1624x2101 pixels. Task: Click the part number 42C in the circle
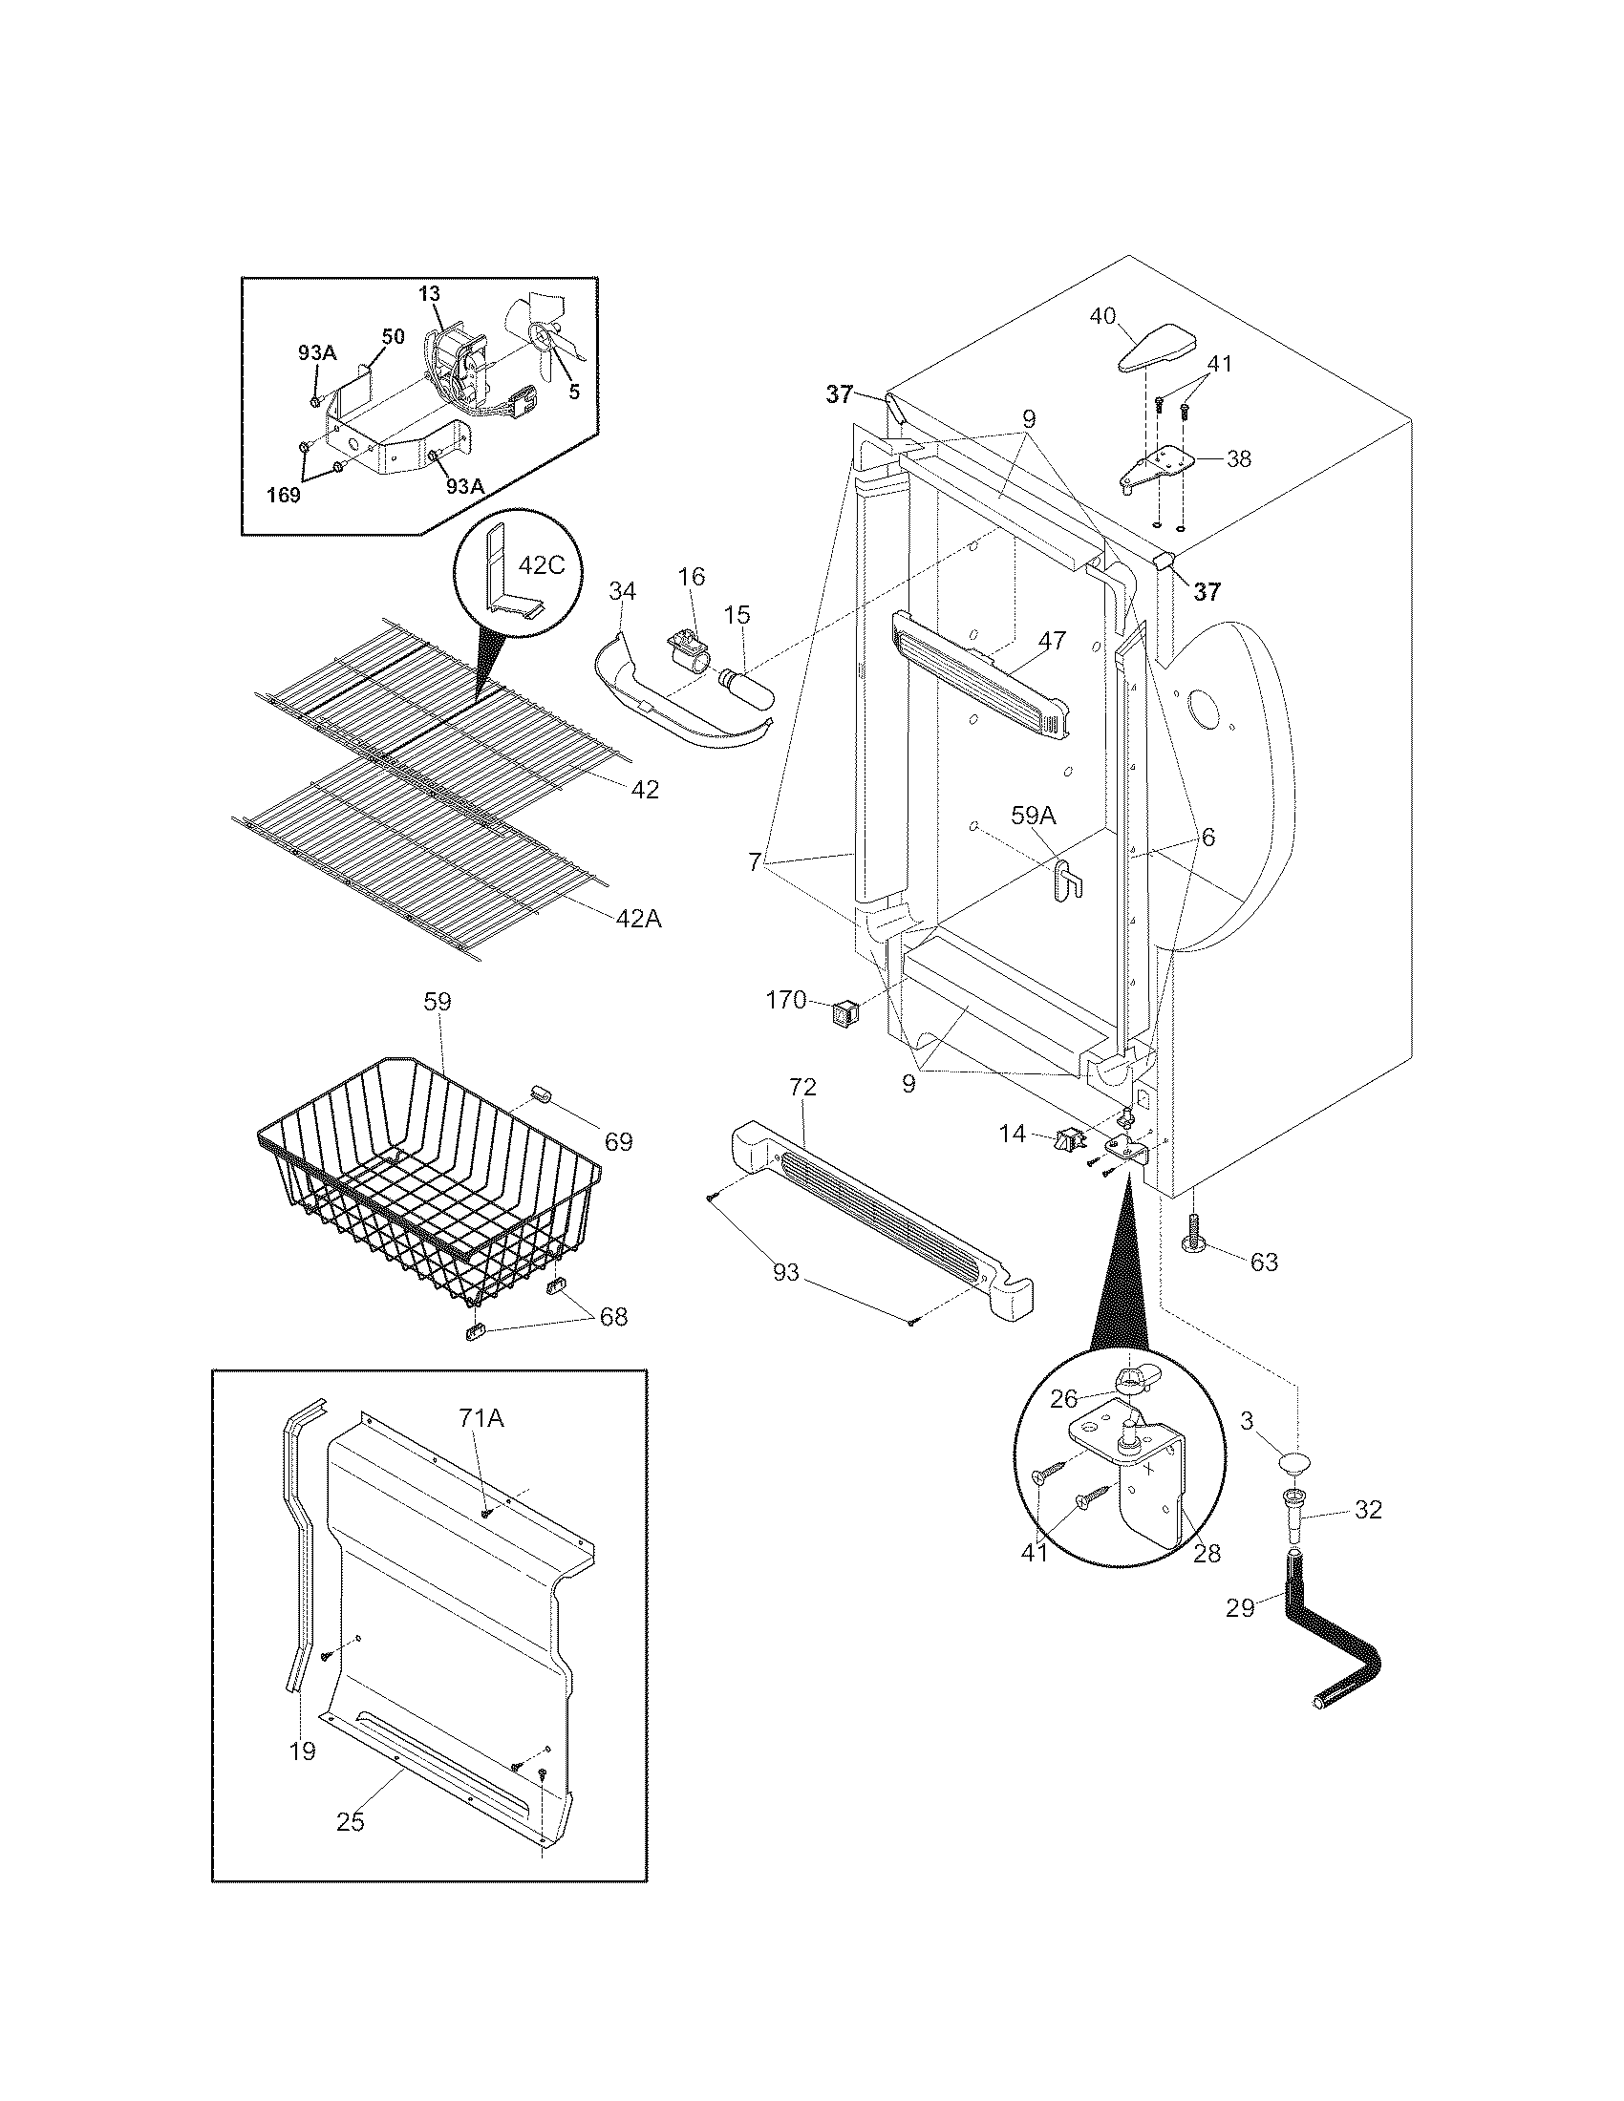pyautogui.click(x=541, y=564)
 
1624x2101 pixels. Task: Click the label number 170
pyautogui.click(x=785, y=1001)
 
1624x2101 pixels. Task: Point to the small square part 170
pyautogui.click(x=844, y=1012)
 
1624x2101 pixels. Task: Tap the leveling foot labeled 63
pyautogui.click(x=1192, y=1237)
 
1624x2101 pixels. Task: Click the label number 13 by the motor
pyautogui.click(x=430, y=293)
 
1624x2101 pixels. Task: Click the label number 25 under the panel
pyautogui.click(x=351, y=1821)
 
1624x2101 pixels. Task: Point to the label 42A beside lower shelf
pyautogui.click(x=639, y=919)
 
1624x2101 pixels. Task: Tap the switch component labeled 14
pyautogui.click(x=1066, y=1142)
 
